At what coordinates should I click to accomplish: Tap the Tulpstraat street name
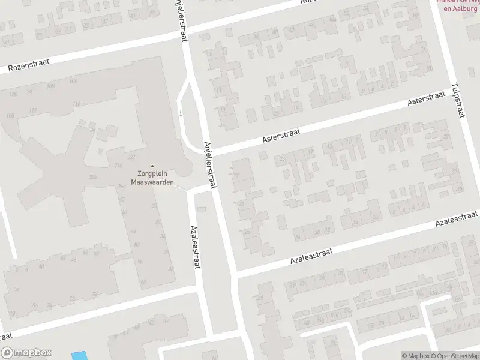(x=460, y=100)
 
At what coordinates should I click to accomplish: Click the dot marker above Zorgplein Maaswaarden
(x=152, y=166)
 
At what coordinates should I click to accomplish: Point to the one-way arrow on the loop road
(x=181, y=113)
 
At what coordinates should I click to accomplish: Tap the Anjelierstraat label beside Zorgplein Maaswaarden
(x=209, y=165)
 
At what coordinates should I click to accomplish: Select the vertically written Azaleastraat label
(x=194, y=247)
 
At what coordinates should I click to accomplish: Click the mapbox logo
(x=26, y=353)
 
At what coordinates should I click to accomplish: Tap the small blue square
(x=78, y=355)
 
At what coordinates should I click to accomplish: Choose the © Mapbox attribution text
(x=416, y=356)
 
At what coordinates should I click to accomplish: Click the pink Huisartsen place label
(x=458, y=7)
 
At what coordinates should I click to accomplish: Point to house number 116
(x=76, y=104)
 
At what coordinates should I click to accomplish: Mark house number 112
(x=32, y=110)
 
